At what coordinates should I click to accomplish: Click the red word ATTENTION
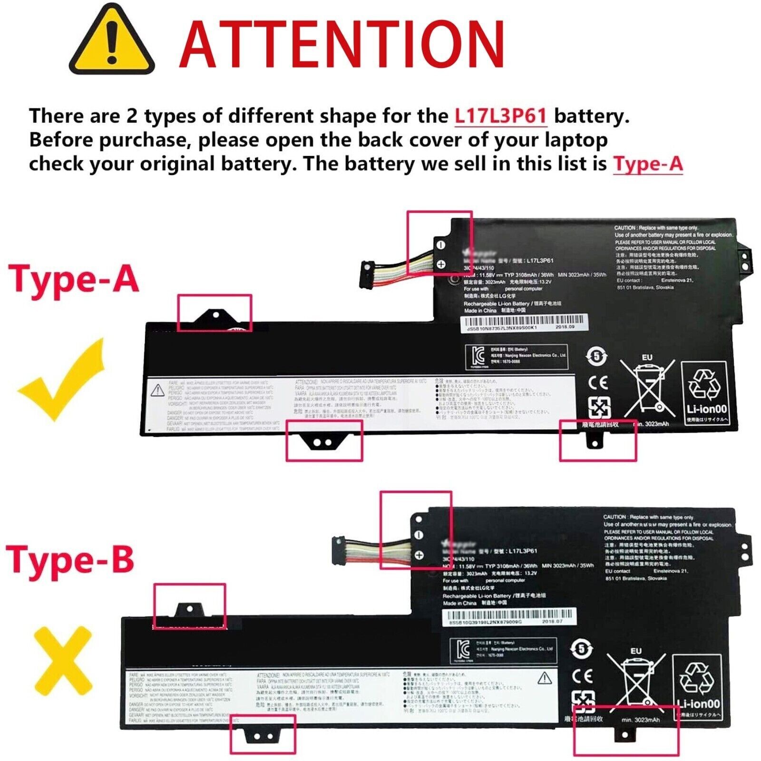(341, 46)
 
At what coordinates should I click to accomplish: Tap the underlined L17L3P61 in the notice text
(500, 116)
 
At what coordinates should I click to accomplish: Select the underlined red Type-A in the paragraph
(648, 164)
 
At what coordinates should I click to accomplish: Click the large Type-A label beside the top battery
(74, 279)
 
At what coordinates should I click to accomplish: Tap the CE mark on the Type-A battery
(597, 382)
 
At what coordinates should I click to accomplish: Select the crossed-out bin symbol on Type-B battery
(635, 681)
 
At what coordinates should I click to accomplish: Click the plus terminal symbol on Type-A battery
(441, 264)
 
